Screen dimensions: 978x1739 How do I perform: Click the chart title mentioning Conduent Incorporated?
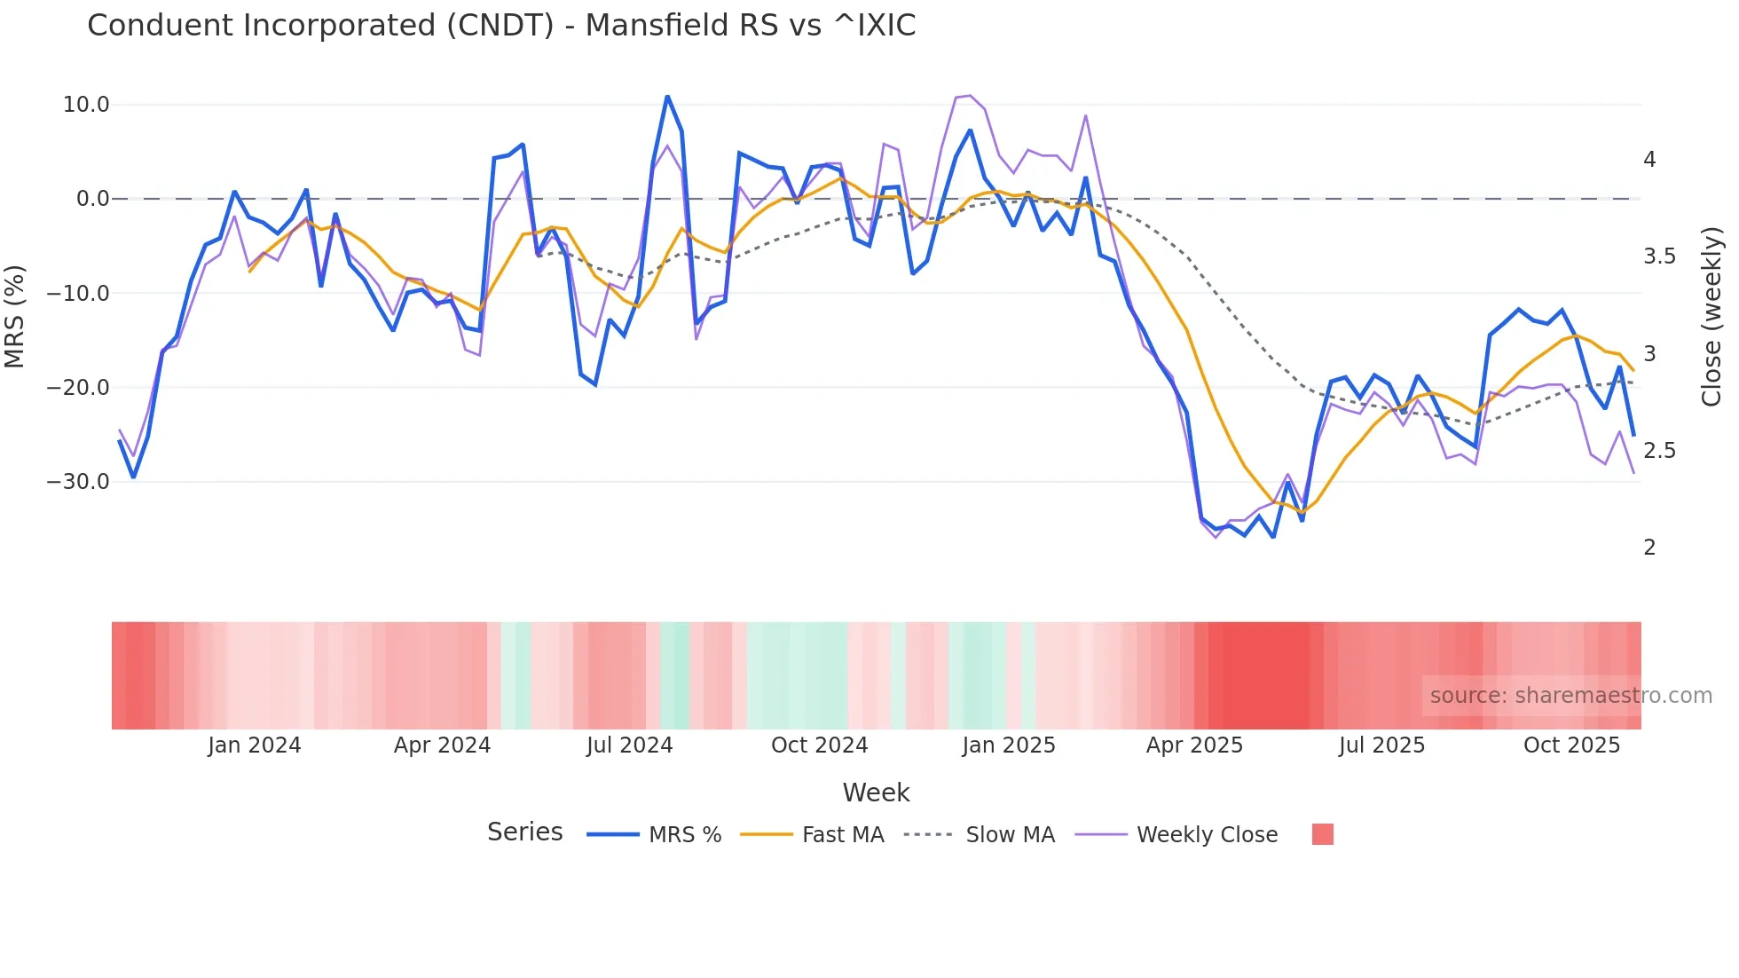click(x=501, y=26)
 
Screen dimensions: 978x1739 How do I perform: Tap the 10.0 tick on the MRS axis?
click(x=86, y=105)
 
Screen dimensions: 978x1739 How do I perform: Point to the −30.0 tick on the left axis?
click(x=79, y=482)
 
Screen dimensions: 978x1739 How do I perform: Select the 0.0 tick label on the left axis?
click(x=92, y=199)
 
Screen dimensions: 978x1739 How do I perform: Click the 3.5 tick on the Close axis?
click(x=1659, y=256)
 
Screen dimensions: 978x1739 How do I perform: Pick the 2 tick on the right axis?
click(x=1649, y=548)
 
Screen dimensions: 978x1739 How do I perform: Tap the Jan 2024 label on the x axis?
click(x=255, y=745)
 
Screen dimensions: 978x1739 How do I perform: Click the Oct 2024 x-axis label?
click(x=819, y=745)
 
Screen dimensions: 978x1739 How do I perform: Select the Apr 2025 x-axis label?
click(x=1194, y=745)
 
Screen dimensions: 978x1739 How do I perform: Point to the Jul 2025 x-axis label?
click(x=1381, y=745)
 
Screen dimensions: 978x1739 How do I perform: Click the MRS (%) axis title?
click(x=15, y=316)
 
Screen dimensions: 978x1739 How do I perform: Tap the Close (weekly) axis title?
click(x=1711, y=316)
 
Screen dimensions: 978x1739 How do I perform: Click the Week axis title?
click(x=876, y=793)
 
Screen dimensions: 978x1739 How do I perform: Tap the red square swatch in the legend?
click(x=1322, y=834)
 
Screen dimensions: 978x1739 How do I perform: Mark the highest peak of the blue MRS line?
click(x=667, y=96)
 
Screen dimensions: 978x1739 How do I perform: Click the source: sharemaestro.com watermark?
click(x=1570, y=696)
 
